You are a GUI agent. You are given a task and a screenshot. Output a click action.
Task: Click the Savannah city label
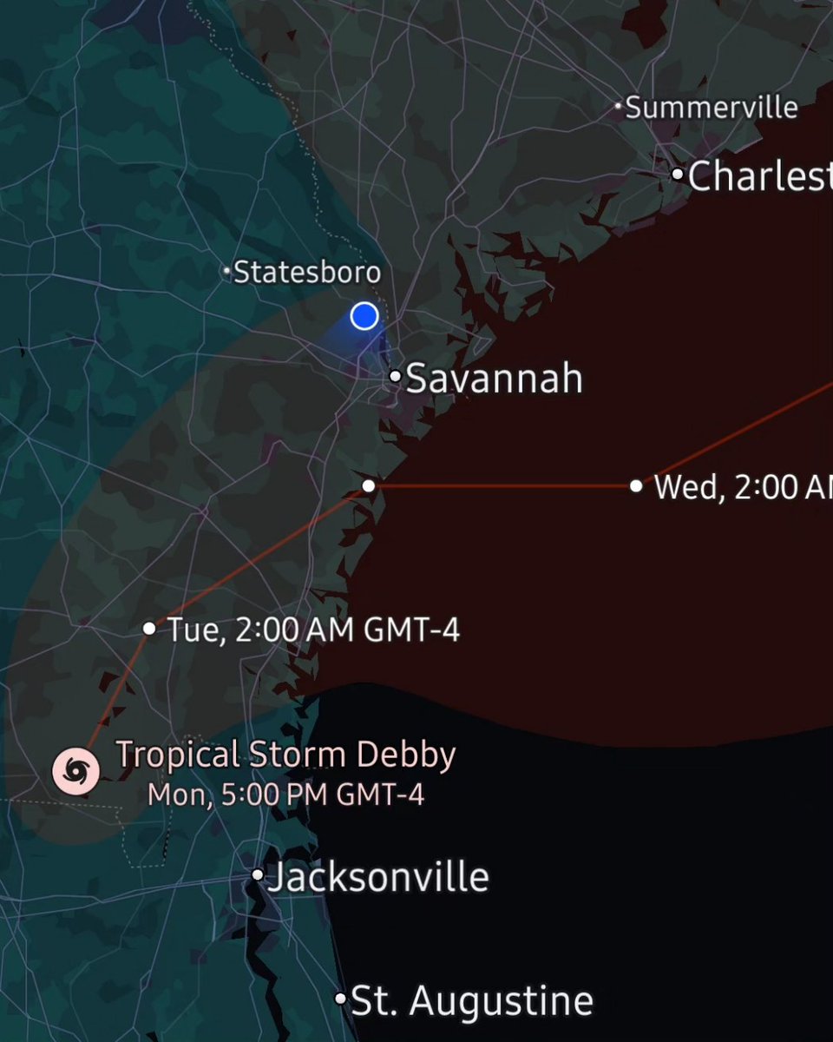click(494, 379)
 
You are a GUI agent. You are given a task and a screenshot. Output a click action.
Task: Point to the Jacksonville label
click(377, 877)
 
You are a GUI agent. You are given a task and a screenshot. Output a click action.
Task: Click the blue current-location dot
click(364, 316)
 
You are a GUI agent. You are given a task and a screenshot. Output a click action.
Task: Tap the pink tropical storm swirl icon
click(75, 770)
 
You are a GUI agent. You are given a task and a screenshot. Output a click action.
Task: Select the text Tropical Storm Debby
click(285, 755)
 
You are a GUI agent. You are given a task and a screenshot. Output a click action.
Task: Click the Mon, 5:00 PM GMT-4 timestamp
click(285, 795)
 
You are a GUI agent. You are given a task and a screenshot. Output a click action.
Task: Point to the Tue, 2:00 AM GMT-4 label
click(313, 630)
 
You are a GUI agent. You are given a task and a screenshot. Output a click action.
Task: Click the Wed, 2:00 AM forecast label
click(743, 487)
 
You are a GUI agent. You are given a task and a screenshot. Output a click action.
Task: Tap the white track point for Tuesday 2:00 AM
click(149, 628)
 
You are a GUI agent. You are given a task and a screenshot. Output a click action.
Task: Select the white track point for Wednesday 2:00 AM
click(636, 486)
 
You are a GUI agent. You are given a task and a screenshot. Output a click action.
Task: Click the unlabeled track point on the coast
click(369, 485)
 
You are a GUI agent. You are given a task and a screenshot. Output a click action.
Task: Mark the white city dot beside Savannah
click(395, 377)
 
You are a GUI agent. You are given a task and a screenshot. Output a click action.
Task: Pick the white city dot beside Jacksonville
click(258, 875)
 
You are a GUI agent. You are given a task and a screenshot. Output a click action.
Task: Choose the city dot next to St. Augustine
click(340, 999)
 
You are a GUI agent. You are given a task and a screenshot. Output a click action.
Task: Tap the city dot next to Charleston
click(678, 174)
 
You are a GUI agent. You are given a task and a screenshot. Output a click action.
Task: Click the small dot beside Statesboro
click(227, 273)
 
